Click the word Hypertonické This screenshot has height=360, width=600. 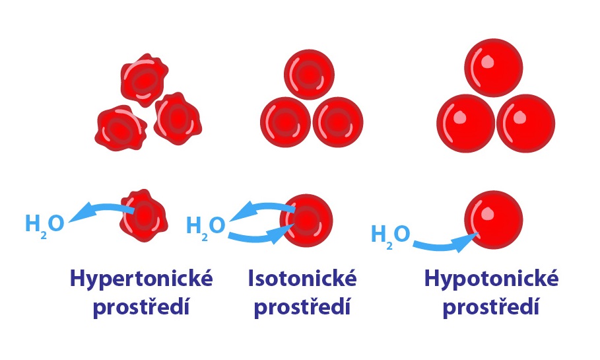(x=141, y=279)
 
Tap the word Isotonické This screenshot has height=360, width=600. (x=302, y=278)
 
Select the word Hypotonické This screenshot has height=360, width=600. (x=491, y=279)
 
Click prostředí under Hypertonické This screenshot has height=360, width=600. (x=141, y=307)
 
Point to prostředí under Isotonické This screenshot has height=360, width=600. (x=302, y=307)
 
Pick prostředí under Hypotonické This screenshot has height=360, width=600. (x=491, y=307)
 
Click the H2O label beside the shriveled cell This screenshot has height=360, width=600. (x=44, y=225)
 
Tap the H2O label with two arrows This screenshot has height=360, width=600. (x=205, y=227)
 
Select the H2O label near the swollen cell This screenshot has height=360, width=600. (x=390, y=235)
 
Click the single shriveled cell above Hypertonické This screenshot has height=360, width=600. (x=144, y=215)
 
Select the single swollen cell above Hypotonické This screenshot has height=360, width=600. (x=494, y=220)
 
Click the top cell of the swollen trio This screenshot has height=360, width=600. (x=494, y=68)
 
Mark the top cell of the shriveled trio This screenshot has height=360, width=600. (x=145, y=80)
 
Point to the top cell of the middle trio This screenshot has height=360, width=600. (x=309, y=75)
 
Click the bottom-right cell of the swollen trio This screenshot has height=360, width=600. (x=526, y=124)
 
